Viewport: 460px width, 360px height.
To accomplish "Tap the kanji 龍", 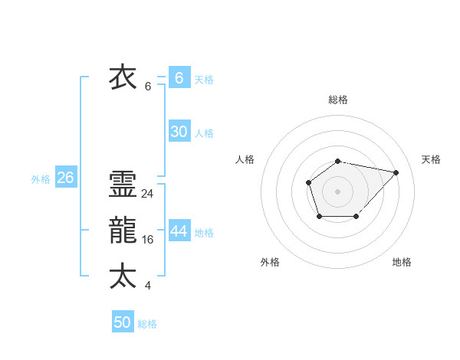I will click(123, 231).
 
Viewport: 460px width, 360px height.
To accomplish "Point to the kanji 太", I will click(123, 276).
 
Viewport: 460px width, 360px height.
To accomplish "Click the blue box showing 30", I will click(179, 132).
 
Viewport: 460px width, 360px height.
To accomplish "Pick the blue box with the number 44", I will click(179, 231).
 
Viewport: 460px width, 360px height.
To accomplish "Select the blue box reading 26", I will click(65, 178).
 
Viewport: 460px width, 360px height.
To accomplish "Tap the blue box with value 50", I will click(123, 322).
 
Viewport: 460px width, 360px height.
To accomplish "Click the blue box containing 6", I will click(179, 78).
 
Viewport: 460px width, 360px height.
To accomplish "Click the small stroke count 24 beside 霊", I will click(147, 194).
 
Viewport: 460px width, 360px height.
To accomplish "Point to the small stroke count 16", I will click(147, 240).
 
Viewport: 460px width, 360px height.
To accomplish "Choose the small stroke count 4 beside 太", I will click(147, 286).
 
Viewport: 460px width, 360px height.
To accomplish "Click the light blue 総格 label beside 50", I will click(147, 324).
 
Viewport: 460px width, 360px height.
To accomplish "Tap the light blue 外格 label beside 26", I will click(41, 179).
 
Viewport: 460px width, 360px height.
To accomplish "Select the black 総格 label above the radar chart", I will click(337, 100).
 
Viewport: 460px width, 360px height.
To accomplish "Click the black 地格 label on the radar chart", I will click(402, 262).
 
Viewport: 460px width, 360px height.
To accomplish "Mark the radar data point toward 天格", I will click(396, 172).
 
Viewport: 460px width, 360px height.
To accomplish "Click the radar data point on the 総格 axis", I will click(337, 161).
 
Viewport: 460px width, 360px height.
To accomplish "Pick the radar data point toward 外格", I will click(319, 217).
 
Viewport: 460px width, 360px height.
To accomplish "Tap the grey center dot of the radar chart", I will click(337, 191).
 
